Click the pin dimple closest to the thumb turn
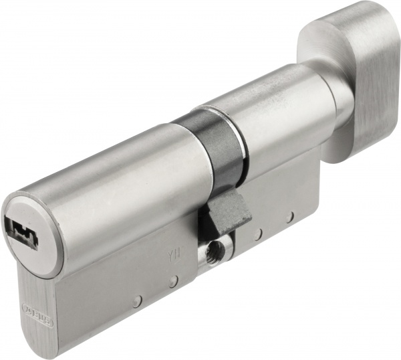(x=289, y=217)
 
